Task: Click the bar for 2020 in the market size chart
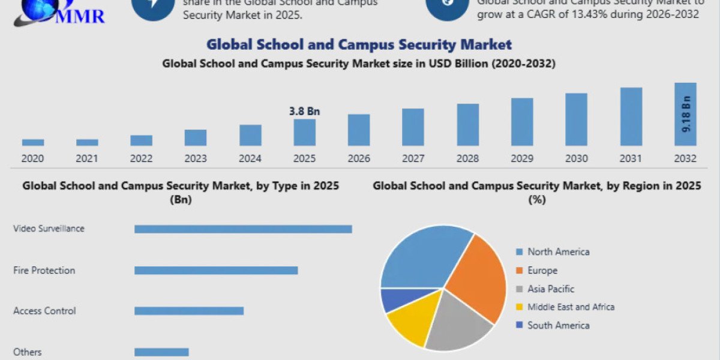pyautogui.click(x=33, y=142)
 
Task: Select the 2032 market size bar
pyautogui.click(x=685, y=114)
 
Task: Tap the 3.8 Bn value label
pyautogui.click(x=304, y=111)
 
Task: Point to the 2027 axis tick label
pyautogui.click(x=413, y=159)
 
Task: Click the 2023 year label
pyautogui.click(x=196, y=159)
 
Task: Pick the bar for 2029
pyautogui.click(x=522, y=122)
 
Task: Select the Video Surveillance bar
pyautogui.click(x=243, y=229)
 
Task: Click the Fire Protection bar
pyautogui.click(x=216, y=270)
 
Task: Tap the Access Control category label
pyautogui.click(x=44, y=311)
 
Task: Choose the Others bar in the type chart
pyautogui.click(x=161, y=352)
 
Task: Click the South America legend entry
pyautogui.click(x=558, y=325)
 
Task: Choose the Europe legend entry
pyautogui.click(x=542, y=271)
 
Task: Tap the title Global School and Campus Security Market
pyautogui.click(x=359, y=44)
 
